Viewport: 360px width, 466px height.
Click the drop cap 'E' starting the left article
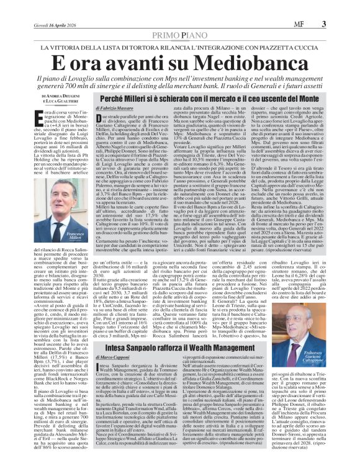point(41,114)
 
